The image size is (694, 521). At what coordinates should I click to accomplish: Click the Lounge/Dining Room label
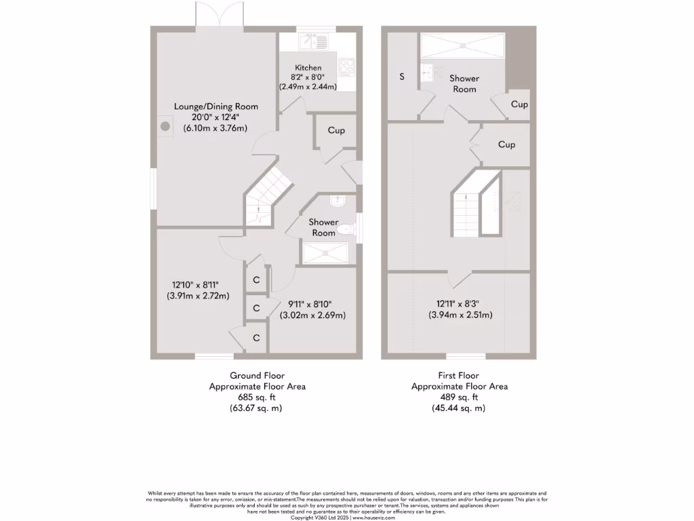216,107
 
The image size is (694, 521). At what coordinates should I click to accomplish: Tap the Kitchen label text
308,68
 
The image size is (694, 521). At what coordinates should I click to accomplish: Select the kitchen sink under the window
314,41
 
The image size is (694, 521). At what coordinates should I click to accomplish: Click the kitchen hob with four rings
346,66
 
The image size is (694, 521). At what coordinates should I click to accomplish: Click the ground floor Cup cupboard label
336,130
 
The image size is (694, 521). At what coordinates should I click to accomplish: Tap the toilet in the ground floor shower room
346,229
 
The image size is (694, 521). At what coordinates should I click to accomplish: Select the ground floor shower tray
327,252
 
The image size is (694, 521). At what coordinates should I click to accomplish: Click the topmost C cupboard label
257,279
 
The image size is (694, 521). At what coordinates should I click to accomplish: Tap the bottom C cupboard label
257,337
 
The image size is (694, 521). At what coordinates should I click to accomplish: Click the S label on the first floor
401,77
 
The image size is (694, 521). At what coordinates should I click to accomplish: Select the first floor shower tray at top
463,45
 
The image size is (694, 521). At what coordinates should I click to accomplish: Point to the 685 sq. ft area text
257,398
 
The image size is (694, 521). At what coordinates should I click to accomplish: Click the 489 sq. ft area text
459,398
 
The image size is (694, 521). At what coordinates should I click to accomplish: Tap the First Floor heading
459,375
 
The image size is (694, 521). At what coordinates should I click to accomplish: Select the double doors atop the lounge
219,15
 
